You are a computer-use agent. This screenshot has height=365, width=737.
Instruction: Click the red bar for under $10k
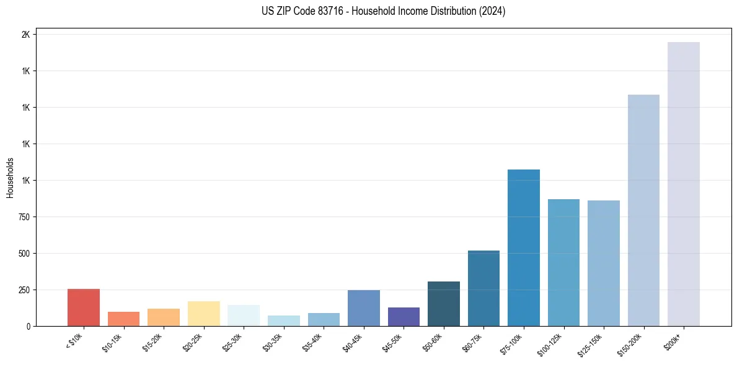click(84, 307)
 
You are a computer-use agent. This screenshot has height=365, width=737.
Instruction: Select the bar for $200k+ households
click(684, 184)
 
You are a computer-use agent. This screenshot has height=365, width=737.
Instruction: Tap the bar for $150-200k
click(643, 210)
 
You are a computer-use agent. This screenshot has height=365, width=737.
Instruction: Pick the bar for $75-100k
click(524, 247)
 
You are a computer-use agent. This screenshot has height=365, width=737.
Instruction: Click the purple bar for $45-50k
click(404, 317)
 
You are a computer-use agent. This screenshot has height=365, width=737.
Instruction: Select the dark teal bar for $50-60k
click(444, 304)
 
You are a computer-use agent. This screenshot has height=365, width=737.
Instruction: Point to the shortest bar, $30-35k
click(284, 321)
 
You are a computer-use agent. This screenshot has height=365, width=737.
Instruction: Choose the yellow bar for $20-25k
click(204, 314)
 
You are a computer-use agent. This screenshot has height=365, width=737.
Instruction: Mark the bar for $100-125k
click(563, 262)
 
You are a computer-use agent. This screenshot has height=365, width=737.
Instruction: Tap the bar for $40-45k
click(364, 308)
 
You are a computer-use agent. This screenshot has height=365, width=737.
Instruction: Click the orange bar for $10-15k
click(124, 319)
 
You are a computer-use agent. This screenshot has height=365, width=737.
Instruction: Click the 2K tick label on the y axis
click(25, 35)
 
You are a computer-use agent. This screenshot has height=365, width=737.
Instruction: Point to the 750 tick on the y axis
click(24, 217)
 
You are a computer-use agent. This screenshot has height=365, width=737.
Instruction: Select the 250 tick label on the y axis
click(24, 290)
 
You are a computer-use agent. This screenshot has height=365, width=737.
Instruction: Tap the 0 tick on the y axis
click(28, 326)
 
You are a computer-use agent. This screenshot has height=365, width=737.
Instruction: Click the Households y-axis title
click(10, 178)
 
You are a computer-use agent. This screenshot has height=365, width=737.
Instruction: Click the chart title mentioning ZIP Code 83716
click(384, 11)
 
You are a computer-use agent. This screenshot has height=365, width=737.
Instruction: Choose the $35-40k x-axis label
click(314, 342)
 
